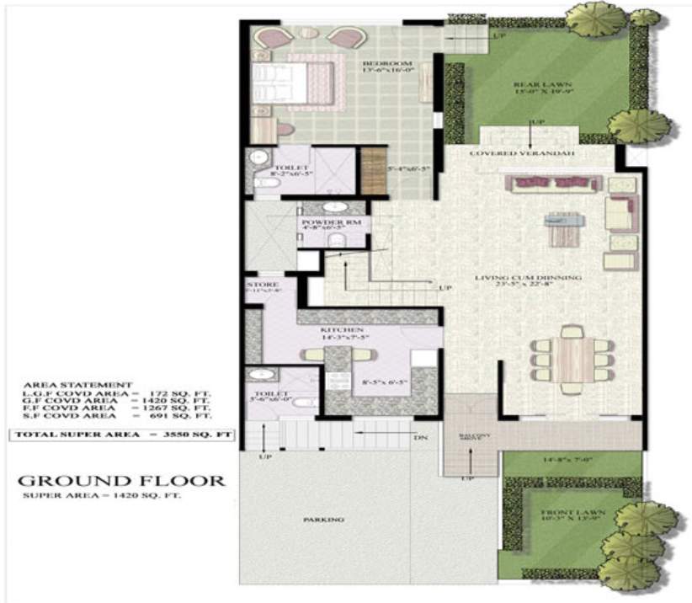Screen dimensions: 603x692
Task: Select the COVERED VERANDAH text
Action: (x=521, y=155)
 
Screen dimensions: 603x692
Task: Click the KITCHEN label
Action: (x=341, y=330)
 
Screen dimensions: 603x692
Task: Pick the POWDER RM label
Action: (x=324, y=222)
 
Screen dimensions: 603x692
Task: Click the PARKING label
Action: (x=323, y=520)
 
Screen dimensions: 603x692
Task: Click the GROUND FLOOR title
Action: (x=121, y=481)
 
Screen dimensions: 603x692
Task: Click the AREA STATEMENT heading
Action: (x=78, y=383)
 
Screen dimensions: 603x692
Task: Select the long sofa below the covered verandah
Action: (x=551, y=183)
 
